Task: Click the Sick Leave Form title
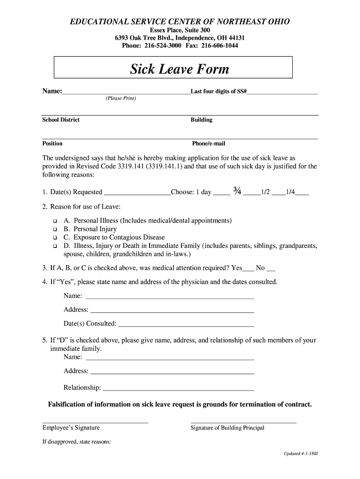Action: pyautogui.click(x=180, y=70)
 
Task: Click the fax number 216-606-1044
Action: pyautogui.click(x=220, y=46)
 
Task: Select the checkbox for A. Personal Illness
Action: pyautogui.click(x=55, y=221)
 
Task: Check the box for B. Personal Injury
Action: pyautogui.click(x=55, y=229)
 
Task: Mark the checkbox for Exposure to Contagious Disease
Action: pyautogui.click(x=55, y=238)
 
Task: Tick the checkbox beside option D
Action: pyautogui.click(x=55, y=246)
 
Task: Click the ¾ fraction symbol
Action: pyautogui.click(x=237, y=191)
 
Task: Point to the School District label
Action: pyautogui.click(x=61, y=120)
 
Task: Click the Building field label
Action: pyautogui.click(x=202, y=120)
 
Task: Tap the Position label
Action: pyautogui.click(x=52, y=144)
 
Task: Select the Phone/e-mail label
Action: pyautogui.click(x=209, y=144)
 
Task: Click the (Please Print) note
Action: pyautogui.click(x=121, y=99)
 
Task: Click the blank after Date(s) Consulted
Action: pyautogui.click(x=187, y=325)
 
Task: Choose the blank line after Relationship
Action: pyautogui.click(x=178, y=389)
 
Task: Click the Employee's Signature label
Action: pyautogui.click(x=71, y=428)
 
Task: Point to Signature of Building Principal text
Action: pyautogui.click(x=227, y=428)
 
